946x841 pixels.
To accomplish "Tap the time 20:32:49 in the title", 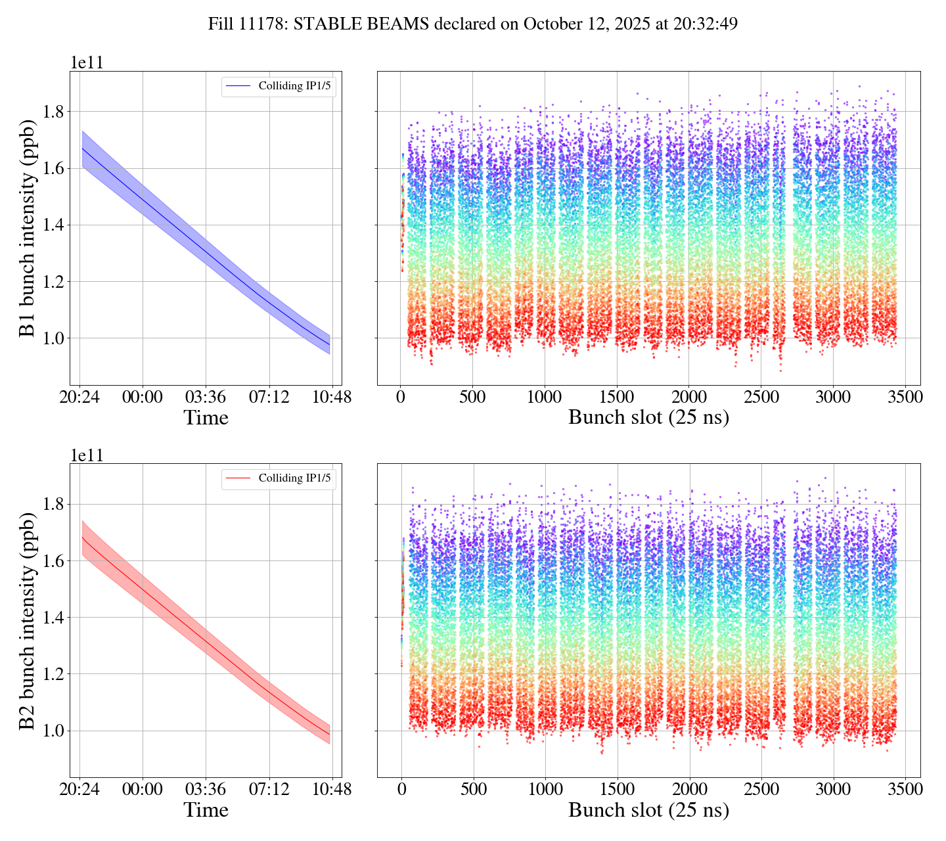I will pyautogui.click(x=707, y=24).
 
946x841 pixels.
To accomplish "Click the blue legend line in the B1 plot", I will pyautogui.click(x=238, y=86).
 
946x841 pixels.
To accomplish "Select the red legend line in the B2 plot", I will pyautogui.click(x=238, y=478).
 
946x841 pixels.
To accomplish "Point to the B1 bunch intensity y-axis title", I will pyautogui.click(x=27, y=227).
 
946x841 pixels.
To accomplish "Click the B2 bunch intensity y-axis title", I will pyautogui.click(x=27, y=620).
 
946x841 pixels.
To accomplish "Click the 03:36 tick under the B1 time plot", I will pyautogui.click(x=206, y=398).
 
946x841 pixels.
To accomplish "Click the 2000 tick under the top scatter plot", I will pyautogui.click(x=688, y=398).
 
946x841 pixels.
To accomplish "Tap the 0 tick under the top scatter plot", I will pyautogui.click(x=401, y=398).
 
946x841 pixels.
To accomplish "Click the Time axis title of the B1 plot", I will pyautogui.click(x=206, y=418).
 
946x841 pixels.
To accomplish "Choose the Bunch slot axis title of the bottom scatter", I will pyautogui.click(x=648, y=810).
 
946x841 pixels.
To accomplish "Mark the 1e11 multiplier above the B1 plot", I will pyautogui.click(x=87, y=63).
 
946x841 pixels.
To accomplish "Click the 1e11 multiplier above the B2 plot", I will pyautogui.click(x=87, y=455).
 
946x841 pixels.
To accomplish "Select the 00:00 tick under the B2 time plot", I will pyautogui.click(x=143, y=790).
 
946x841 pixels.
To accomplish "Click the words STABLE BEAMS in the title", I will pyautogui.click(x=361, y=24).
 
